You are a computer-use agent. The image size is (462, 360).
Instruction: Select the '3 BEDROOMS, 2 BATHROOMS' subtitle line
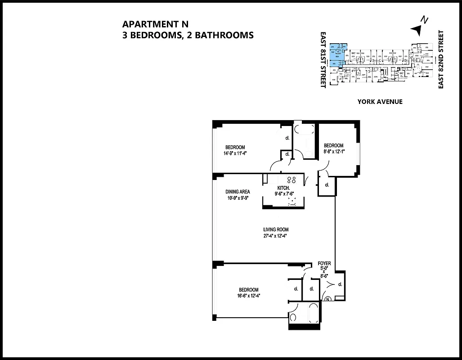click(x=188, y=35)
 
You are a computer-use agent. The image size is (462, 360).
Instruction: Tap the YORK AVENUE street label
click(x=380, y=102)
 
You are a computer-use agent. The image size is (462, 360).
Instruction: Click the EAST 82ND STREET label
click(x=441, y=59)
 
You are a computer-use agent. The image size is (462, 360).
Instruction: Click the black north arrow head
click(x=417, y=29)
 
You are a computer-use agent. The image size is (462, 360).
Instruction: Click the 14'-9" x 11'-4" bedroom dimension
click(x=235, y=153)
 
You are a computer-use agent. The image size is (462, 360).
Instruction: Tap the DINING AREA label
click(x=238, y=192)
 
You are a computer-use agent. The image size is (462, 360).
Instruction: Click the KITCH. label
click(x=283, y=188)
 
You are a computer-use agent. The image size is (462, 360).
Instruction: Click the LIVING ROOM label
click(x=276, y=230)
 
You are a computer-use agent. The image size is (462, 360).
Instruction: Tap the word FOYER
click(x=324, y=263)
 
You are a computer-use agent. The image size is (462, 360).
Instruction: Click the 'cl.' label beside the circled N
click(x=340, y=284)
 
